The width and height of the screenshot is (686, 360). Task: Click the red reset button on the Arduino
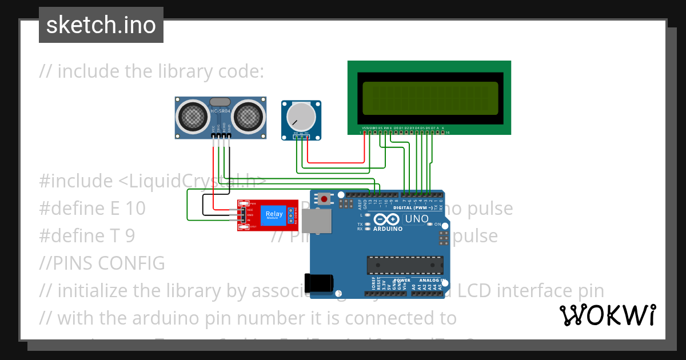point(325,199)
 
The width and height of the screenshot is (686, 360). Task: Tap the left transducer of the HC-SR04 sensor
point(193,116)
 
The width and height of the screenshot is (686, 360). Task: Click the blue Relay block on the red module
point(273,215)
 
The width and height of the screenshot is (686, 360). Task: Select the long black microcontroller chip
point(405,265)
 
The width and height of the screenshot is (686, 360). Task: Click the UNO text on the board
point(417,219)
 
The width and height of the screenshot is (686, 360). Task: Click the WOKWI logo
point(608,315)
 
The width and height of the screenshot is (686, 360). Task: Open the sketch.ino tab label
point(101,25)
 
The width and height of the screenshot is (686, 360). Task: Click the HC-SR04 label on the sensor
point(220,110)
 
